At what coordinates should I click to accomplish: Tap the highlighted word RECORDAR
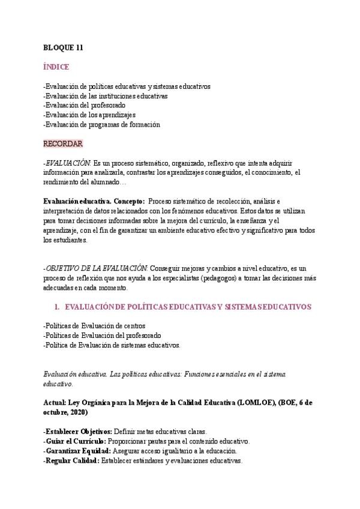point(62,143)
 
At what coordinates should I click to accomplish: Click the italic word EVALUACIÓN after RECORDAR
point(68,163)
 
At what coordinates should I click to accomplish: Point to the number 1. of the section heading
point(56,307)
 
